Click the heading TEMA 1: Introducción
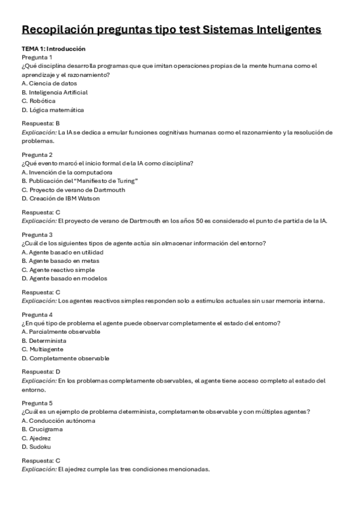click(53, 49)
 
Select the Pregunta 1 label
click(37, 57)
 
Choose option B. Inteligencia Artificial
click(55, 93)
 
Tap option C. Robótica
click(38, 101)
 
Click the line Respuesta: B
click(41, 123)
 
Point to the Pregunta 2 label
click(37, 155)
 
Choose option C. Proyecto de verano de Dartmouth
click(73, 189)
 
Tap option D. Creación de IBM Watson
click(60, 198)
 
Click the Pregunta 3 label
click(37, 235)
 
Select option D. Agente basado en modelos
click(64, 278)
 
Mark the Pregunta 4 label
click(37, 315)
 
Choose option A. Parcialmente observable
click(61, 332)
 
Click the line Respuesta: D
click(41, 372)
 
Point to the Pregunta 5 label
click(37, 403)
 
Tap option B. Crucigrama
click(42, 429)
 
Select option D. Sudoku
click(36, 447)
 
